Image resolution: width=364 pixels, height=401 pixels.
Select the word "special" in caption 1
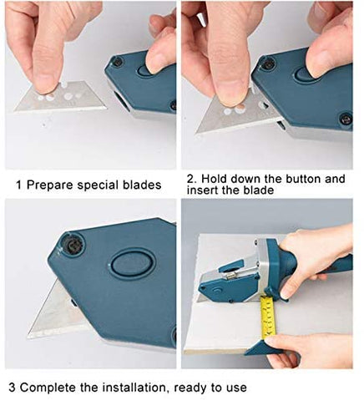[94, 185]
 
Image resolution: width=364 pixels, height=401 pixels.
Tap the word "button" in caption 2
[304, 179]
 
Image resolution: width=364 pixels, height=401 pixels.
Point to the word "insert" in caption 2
[203, 190]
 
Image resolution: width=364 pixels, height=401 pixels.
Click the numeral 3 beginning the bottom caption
[12, 388]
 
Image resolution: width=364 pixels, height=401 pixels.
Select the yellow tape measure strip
[268, 316]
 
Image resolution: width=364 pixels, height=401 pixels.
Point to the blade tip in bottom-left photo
[28, 337]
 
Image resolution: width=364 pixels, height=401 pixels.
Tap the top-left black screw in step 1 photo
[118, 61]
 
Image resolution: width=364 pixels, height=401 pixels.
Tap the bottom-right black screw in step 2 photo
[346, 118]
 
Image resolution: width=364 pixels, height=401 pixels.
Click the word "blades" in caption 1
[138, 185]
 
